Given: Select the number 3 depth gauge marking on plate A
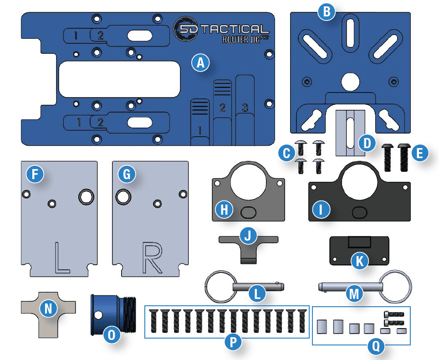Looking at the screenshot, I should (245, 108).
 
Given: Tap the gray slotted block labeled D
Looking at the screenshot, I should (350, 132).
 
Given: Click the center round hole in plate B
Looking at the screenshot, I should (350, 82).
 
